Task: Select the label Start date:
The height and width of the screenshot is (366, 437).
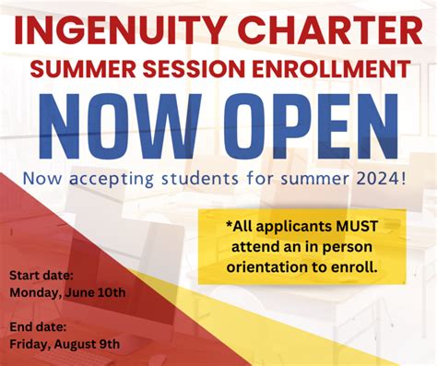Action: click(x=42, y=275)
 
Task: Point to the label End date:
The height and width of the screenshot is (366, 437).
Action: click(x=40, y=326)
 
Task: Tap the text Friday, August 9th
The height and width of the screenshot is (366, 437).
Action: click(x=65, y=344)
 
